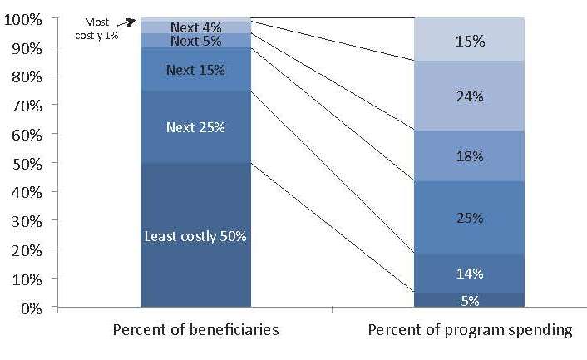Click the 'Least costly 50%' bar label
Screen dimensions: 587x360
[195, 236]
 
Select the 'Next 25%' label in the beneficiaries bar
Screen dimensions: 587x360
[195, 127]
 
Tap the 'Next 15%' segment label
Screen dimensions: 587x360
[195, 70]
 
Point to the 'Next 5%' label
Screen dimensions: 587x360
[195, 41]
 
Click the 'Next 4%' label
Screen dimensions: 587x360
[195, 27]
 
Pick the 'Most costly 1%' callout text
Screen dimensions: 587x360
[96, 29]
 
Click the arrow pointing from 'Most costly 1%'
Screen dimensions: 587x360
[126, 22]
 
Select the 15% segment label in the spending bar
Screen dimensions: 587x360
[470, 42]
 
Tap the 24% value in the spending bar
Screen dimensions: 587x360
[470, 97]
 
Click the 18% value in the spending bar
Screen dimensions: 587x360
[470, 156]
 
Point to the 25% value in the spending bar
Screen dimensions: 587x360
[470, 218]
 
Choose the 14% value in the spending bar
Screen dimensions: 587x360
[470, 274]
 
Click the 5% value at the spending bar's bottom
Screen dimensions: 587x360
[470, 301]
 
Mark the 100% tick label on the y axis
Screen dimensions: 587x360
[22, 19]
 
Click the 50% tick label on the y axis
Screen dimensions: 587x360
[27, 164]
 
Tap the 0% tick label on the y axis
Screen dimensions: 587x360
[32, 308]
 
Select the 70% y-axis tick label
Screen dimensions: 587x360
[27, 106]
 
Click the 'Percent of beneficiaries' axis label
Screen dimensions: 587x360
[195, 330]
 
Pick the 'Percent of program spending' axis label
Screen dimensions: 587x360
[470, 330]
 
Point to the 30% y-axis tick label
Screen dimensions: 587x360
[27, 222]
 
